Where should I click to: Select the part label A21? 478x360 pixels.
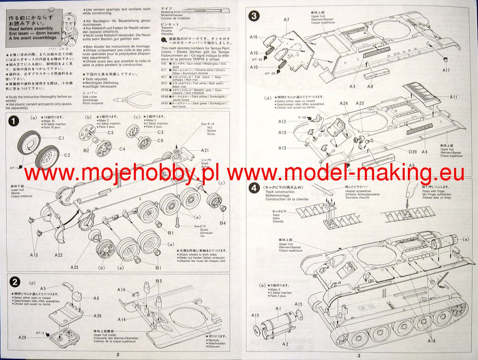click(x=205, y=150)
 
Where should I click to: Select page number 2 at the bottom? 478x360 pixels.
click(x=118, y=354)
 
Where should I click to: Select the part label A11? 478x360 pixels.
click(x=453, y=97)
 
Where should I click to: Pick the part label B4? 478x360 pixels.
click(x=223, y=223)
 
